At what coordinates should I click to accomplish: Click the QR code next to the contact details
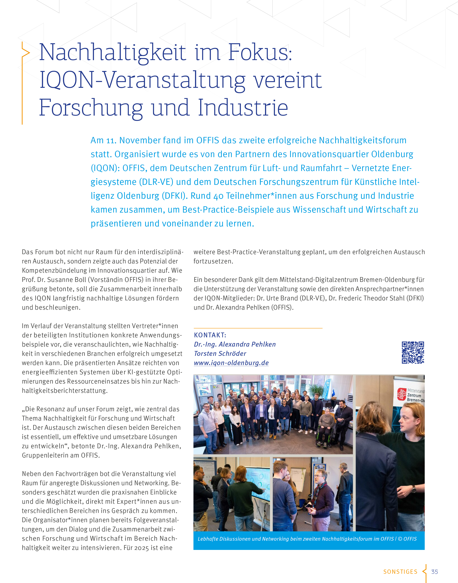(413, 352)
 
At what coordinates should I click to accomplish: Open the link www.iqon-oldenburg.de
(231, 363)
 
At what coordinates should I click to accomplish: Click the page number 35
(434, 572)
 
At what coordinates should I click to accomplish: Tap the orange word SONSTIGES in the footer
(400, 572)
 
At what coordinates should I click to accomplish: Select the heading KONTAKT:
(210, 335)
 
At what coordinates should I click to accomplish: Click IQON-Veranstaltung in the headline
(142, 80)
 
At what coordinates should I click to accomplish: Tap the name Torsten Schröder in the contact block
(220, 353)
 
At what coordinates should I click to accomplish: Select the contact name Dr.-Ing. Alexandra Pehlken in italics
(235, 344)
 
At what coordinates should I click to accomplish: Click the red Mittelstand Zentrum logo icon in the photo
(401, 394)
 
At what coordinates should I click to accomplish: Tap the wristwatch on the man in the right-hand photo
(414, 489)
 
